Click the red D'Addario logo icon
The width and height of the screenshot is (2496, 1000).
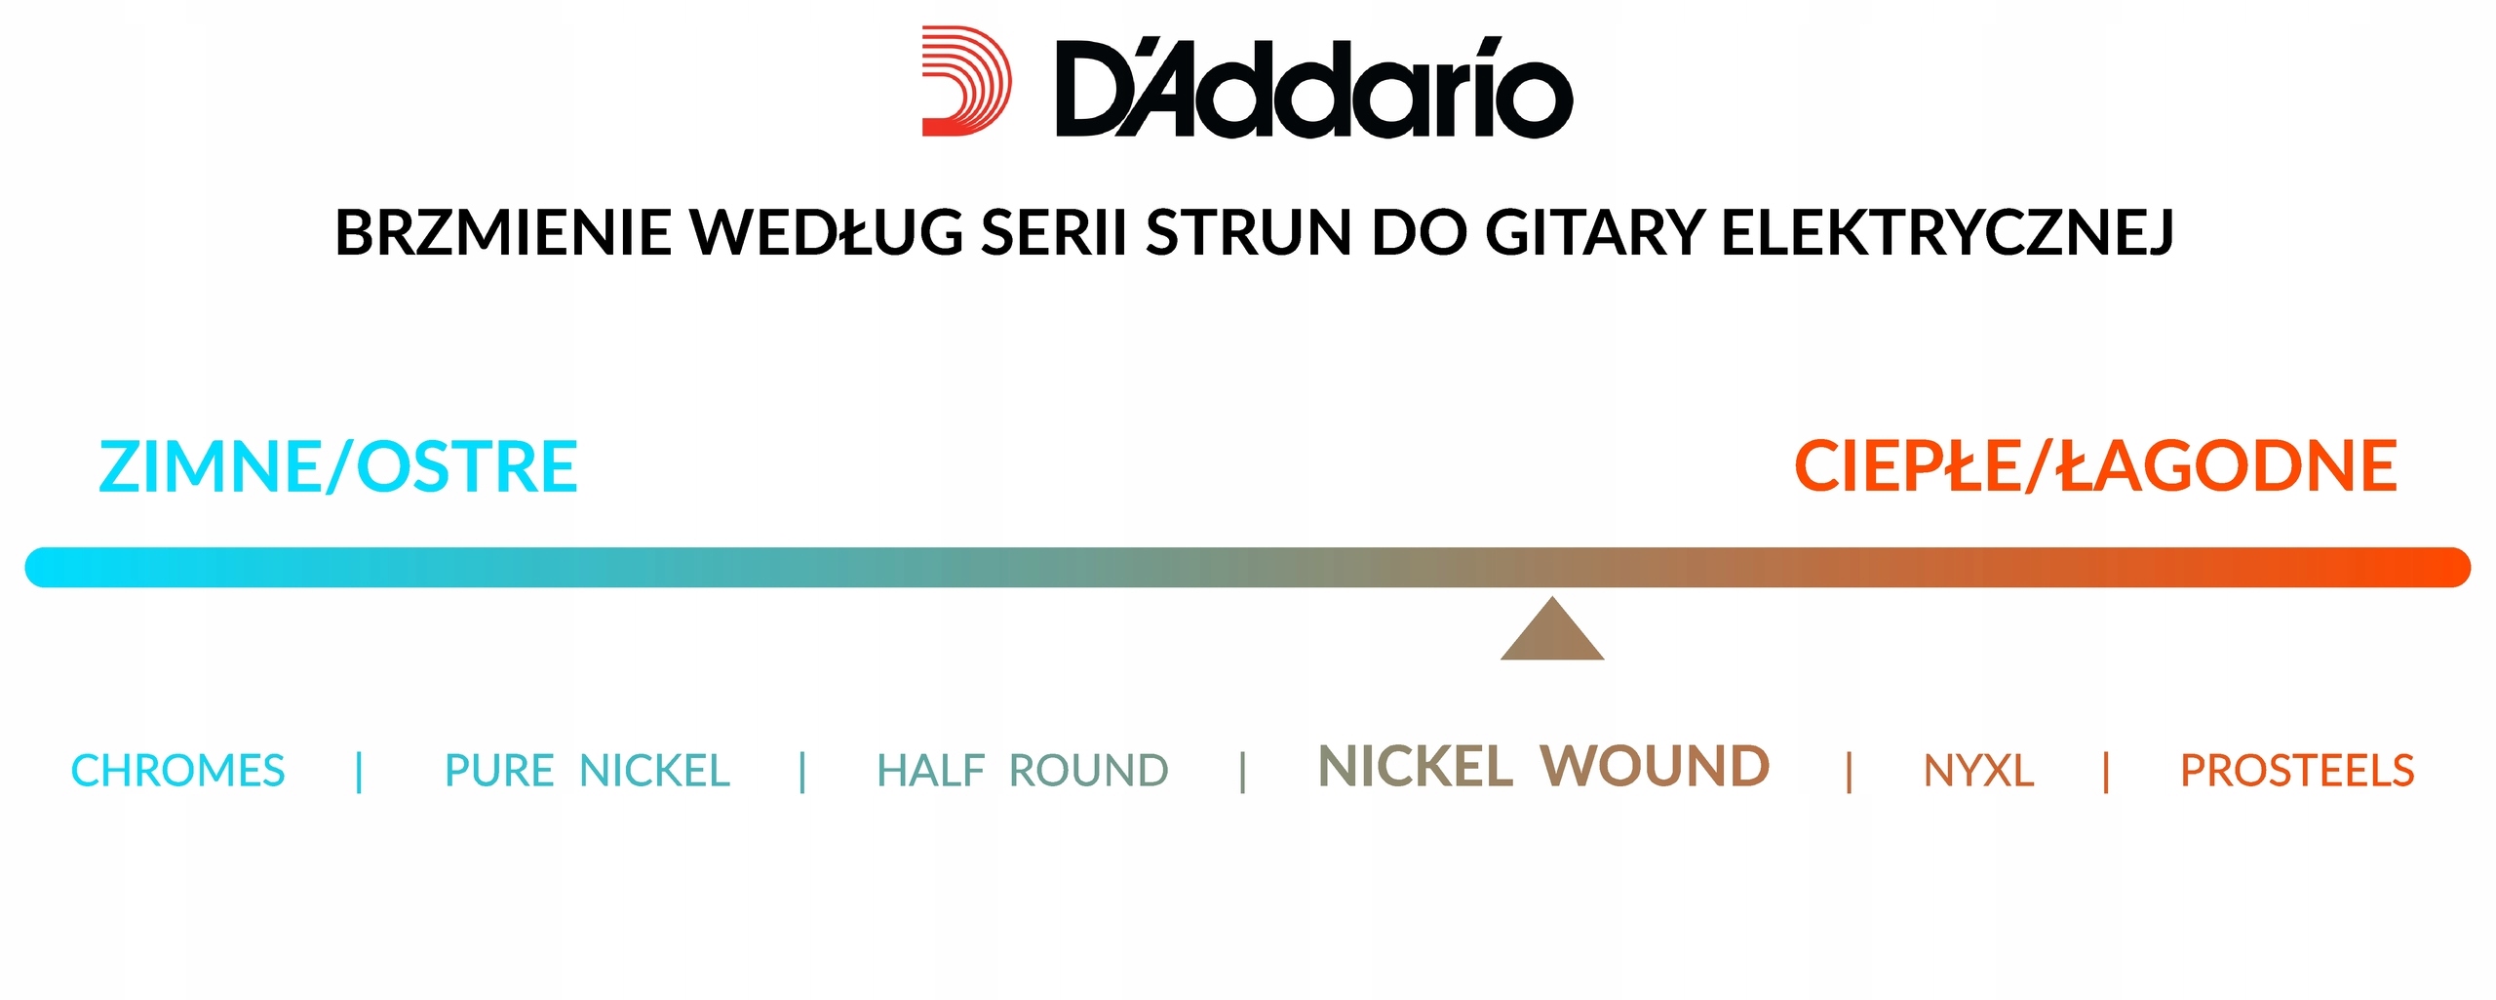tap(965, 81)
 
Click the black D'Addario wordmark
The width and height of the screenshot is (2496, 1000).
tap(1313, 89)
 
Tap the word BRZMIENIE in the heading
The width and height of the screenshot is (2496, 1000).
tap(502, 233)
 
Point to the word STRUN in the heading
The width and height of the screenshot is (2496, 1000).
tap(1249, 233)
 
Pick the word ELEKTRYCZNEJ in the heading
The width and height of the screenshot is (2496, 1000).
tap(1947, 233)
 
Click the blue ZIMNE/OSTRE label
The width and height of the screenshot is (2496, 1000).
tap(338, 466)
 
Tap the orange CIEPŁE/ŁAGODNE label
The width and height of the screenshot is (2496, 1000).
tap(2095, 466)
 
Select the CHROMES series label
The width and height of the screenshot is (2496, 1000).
tap(177, 771)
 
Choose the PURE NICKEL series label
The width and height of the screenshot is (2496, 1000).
tap(587, 771)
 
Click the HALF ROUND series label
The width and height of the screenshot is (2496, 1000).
tap(1022, 771)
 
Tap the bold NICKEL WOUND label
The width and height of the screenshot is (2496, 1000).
tap(1542, 767)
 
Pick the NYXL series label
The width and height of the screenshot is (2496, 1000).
tap(1978, 771)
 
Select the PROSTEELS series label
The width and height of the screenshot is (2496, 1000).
tap(2297, 771)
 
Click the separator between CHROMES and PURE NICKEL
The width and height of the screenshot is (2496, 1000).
tap(360, 771)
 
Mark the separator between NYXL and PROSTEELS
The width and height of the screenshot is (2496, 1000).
tap(2106, 771)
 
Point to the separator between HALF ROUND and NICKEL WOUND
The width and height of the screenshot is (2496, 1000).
tap(1242, 771)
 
